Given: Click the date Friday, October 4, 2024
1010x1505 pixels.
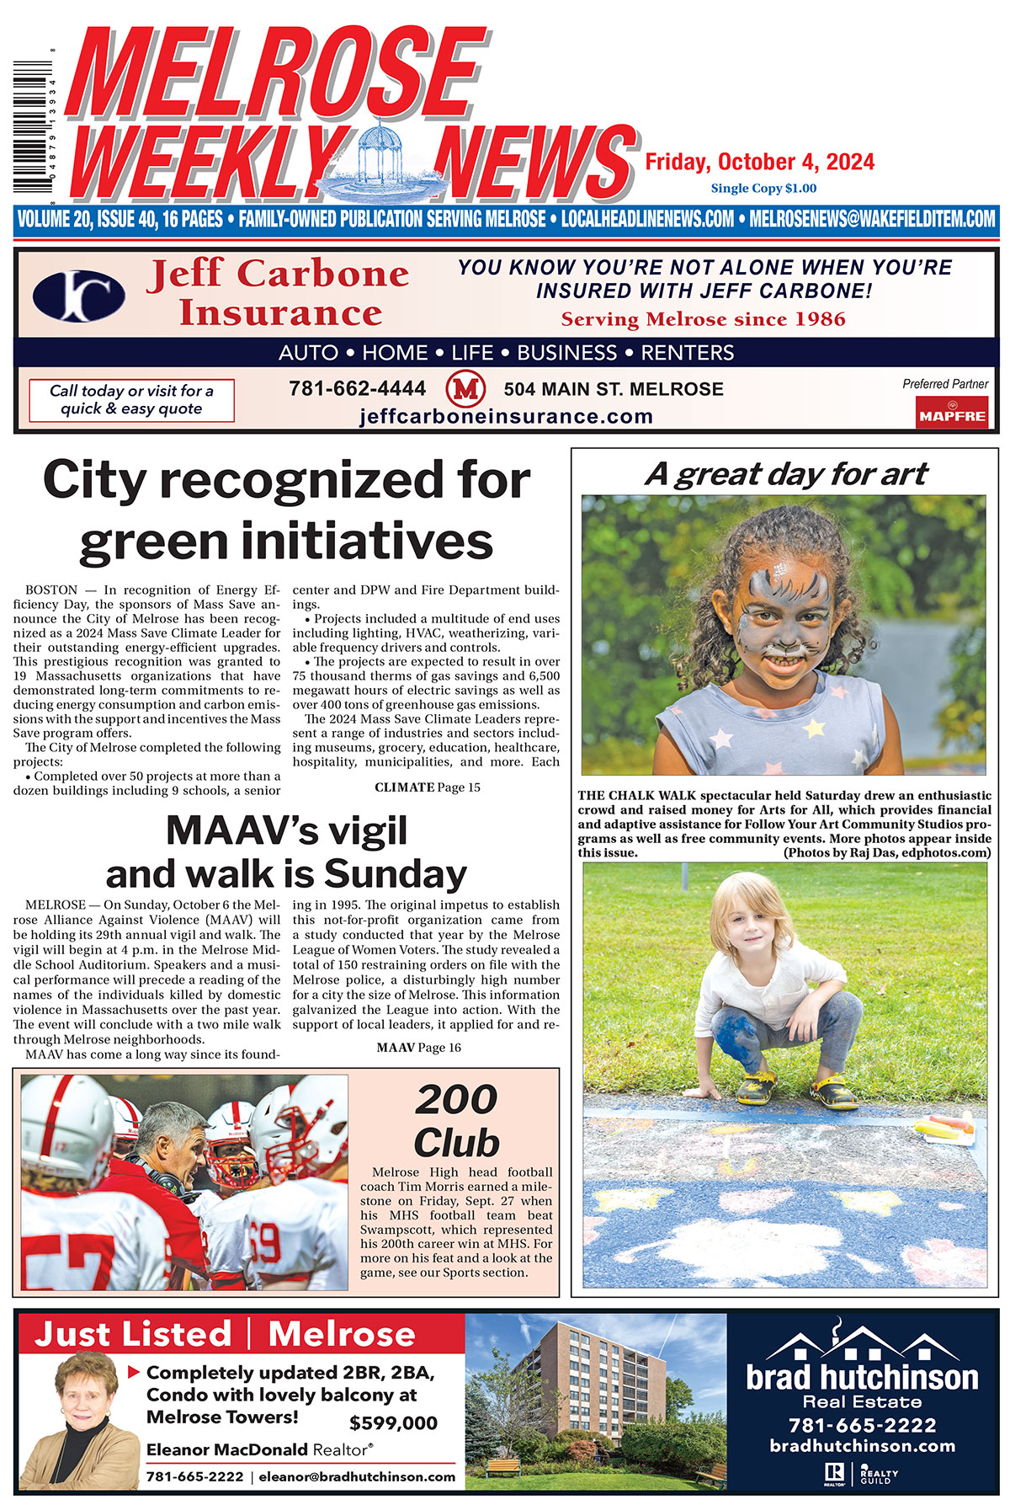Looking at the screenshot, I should [759, 162].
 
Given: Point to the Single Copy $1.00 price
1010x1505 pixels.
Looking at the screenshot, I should [763, 189].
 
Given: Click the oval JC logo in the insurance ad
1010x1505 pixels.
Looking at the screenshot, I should [79, 296].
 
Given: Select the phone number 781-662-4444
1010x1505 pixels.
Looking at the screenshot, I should [357, 389].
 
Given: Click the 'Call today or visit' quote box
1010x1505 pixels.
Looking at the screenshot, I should [131, 400].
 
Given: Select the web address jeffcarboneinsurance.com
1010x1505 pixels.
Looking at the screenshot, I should [506, 416].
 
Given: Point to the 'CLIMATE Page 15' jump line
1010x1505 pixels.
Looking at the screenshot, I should [428, 787].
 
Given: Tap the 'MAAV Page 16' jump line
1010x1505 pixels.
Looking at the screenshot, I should [418, 1048].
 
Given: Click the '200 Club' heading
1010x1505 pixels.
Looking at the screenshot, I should [456, 1121].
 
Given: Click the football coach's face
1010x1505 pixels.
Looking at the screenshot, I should [173, 1146].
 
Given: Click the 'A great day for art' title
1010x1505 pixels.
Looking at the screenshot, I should [786, 474].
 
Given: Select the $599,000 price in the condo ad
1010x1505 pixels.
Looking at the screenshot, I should [393, 1423].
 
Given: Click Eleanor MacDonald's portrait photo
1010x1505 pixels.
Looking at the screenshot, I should [81, 1415].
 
